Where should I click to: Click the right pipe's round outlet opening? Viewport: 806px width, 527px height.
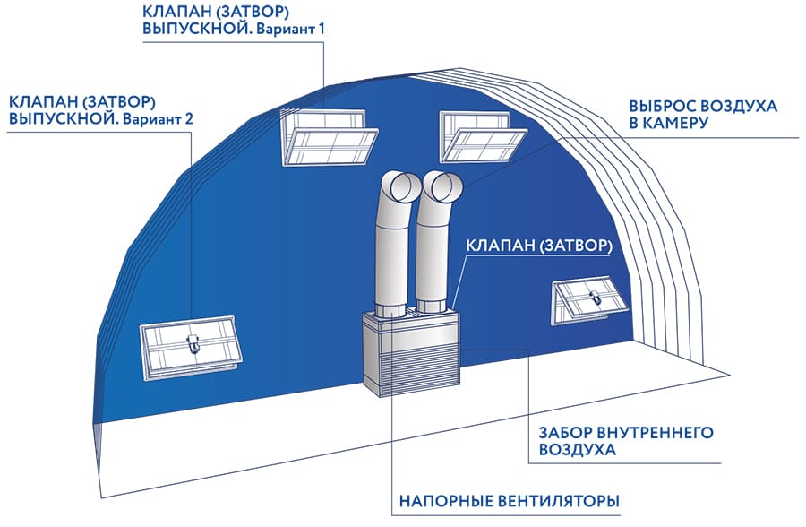442,187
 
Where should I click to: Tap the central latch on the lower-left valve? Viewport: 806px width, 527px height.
192,344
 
